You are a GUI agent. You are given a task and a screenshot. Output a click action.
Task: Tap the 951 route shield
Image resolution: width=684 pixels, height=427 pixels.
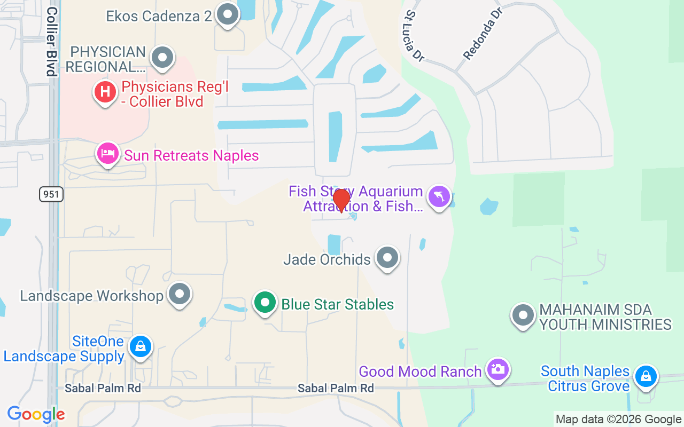pos(51,194)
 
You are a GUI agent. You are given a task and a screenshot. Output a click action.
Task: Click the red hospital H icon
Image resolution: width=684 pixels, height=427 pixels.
pos(105,92)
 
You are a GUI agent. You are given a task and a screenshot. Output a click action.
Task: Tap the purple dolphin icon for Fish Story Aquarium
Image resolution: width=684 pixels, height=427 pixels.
pos(439,196)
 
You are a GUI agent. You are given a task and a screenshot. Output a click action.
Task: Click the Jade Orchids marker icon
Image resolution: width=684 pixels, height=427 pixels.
pos(387,258)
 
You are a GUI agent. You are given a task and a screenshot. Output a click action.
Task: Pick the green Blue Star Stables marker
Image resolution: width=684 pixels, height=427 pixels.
pos(265,303)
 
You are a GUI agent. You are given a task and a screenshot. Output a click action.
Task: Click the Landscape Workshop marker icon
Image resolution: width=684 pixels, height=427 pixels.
pos(180,294)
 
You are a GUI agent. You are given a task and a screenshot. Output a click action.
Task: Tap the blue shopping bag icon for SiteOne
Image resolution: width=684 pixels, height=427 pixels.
pos(140,347)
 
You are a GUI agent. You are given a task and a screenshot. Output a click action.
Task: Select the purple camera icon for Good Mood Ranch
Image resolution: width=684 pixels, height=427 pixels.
pos(498,369)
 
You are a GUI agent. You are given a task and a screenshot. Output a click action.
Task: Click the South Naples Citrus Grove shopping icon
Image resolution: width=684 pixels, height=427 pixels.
pos(646,376)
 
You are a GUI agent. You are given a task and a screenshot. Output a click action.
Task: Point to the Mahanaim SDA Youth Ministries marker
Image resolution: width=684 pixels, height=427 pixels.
pos(523,315)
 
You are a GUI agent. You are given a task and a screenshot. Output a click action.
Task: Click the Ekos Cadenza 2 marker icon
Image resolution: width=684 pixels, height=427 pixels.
pos(228,15)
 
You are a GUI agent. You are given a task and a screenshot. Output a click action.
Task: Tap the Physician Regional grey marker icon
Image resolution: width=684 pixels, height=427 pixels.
pos(162,57)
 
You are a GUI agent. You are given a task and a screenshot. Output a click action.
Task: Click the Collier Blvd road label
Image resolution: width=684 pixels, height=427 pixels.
pos(52,42)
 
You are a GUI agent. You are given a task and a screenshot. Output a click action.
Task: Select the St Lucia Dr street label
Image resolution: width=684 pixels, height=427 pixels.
pos(415,36)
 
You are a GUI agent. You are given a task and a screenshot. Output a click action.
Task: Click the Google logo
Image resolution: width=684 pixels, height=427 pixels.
pos(36,414)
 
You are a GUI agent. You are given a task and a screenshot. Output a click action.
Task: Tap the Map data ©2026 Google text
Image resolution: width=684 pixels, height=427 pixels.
pos(618,420)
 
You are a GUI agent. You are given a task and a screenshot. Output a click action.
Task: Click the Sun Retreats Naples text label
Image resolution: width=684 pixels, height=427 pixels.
pos(191,156)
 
